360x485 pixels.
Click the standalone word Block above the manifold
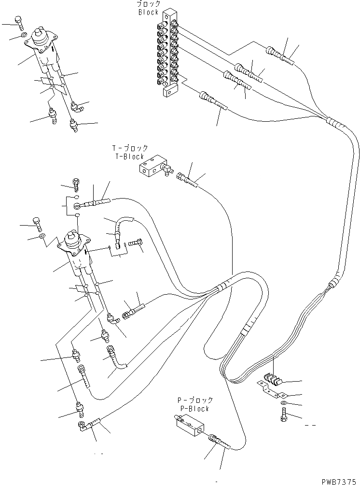pos(148,13)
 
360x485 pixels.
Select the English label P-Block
pos(195,409)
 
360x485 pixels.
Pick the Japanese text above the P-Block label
pos(195,400)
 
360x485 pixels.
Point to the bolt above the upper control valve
pos(19,21)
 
